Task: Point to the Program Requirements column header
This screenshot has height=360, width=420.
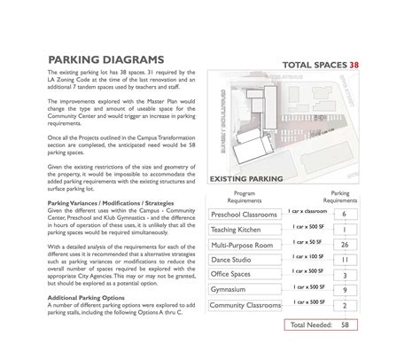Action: [x=245, y=196]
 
